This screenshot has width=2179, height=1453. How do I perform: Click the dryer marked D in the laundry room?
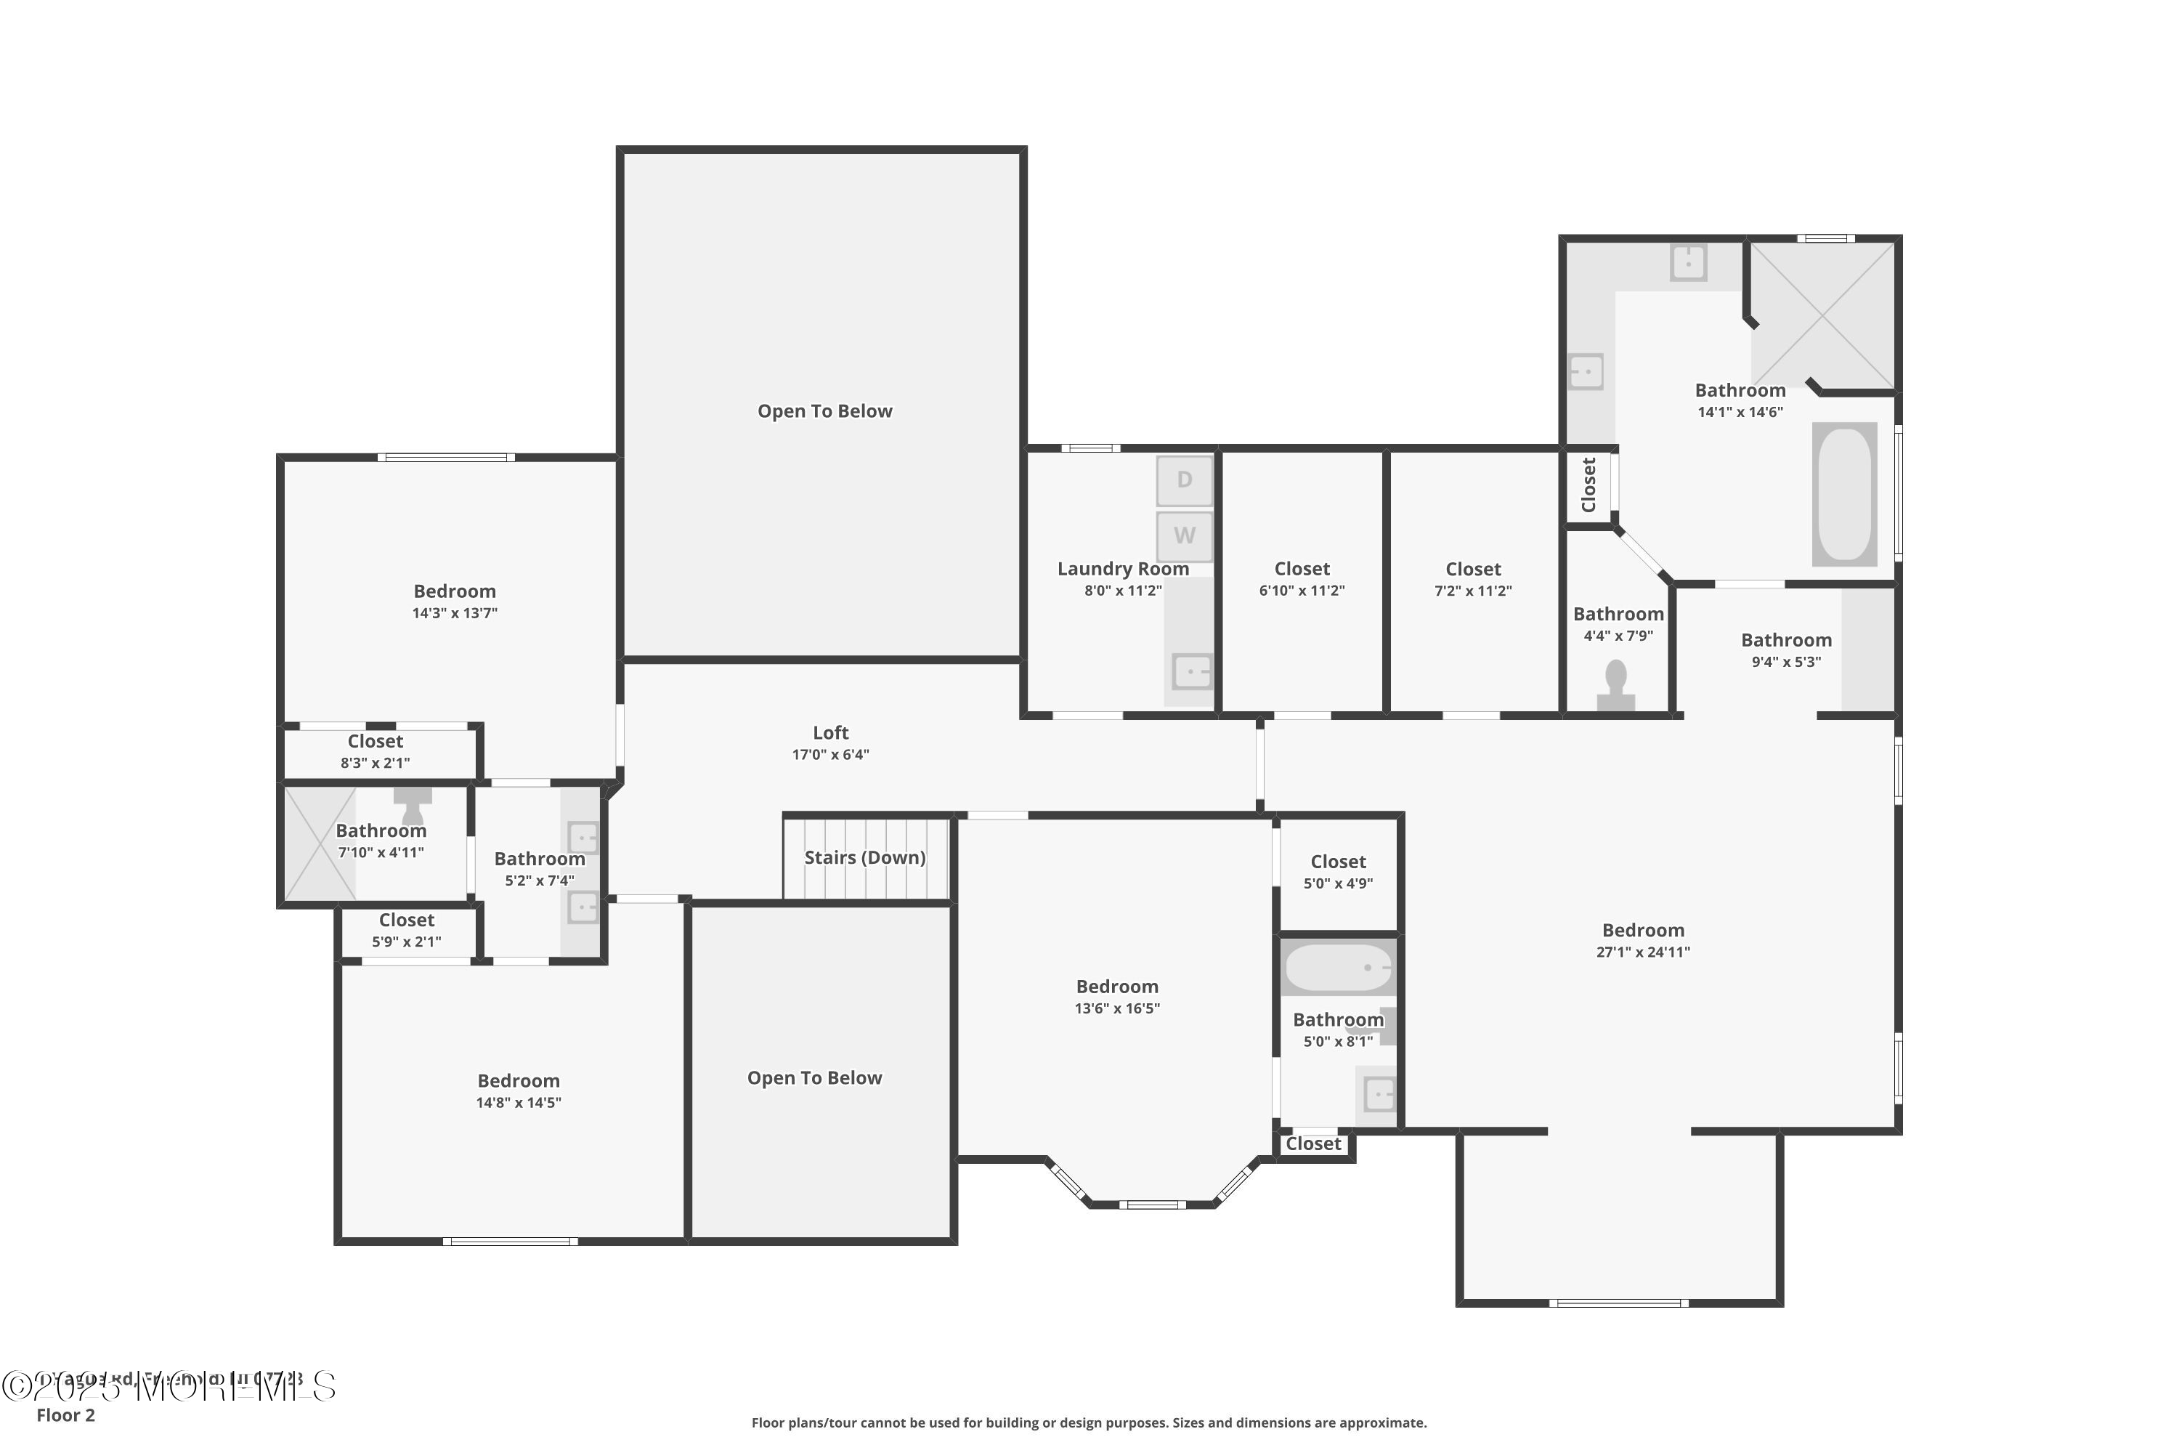1184,480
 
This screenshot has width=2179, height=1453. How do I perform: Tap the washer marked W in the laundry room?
1184,535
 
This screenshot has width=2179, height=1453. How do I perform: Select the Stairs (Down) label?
864,858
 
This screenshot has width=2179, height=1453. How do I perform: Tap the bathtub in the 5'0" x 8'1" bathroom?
1338,968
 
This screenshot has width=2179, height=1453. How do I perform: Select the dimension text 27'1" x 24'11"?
1642,952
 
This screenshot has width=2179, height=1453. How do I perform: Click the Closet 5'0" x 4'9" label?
1338,872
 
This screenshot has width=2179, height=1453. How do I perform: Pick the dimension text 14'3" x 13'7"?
454,613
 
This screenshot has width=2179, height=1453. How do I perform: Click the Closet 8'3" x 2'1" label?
376,751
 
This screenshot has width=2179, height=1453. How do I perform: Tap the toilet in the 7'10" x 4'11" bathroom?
413,804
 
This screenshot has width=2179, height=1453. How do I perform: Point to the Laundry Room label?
1123,569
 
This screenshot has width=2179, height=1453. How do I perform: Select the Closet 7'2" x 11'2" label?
1473,579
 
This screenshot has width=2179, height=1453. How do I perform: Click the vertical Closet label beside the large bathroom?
1589,485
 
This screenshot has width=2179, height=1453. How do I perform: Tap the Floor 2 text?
66,1415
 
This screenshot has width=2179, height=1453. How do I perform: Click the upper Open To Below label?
824,411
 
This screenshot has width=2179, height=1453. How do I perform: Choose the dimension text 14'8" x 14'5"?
518,1103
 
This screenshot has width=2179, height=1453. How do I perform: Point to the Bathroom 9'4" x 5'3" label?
1785,649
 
